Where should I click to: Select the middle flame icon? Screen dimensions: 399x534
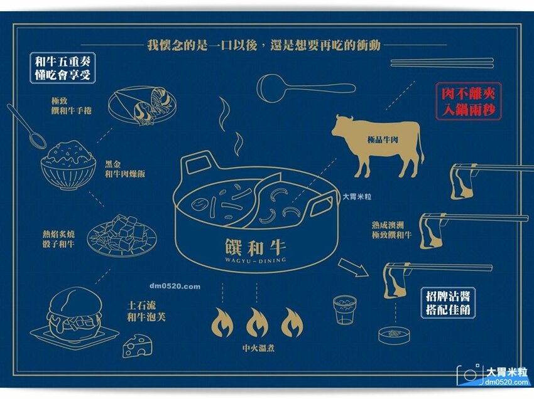[x=256, y=322]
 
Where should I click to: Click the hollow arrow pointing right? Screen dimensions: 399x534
[x=353, y=267]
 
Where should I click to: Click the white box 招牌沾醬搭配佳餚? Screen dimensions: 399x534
[x=447, y=303]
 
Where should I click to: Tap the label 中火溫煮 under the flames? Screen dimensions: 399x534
[x=257, y=349]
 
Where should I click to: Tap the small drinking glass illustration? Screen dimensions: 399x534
[x=344, y=309]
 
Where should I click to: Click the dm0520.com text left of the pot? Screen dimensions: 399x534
[x=175, y=287]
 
